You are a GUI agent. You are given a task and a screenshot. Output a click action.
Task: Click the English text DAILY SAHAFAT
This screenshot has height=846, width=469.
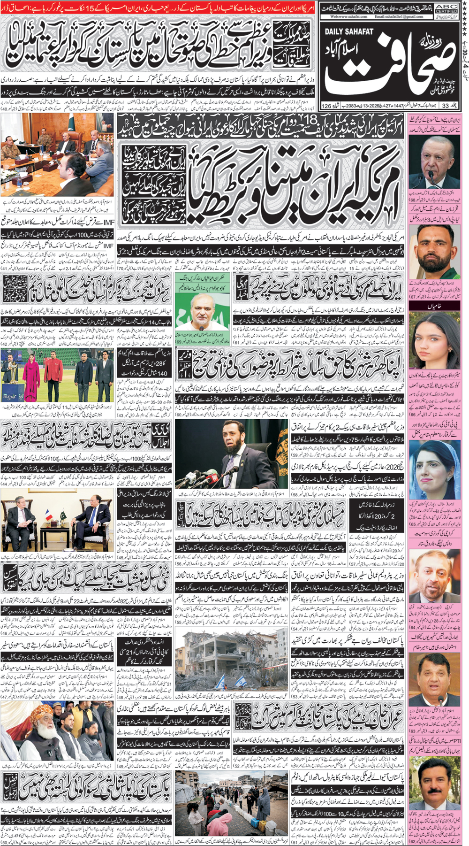pyautogui.click(x=348, y=31)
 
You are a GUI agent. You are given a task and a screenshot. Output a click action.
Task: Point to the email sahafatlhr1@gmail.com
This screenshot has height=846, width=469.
pyautogui.click(x=399, y=16)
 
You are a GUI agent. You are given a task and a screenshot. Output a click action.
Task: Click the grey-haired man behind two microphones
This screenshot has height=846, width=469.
pyautogui.click(x=435, y=160)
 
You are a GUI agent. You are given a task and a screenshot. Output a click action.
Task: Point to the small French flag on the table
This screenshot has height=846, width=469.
pyautogui.click(x=49, y=515)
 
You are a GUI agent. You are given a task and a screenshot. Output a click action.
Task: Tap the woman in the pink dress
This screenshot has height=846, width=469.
pyautogui.click(x=34, y=376)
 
